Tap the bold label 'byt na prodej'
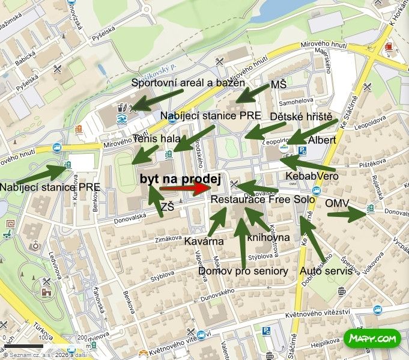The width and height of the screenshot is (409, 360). tap(180, 178)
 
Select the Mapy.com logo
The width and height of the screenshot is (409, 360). tap(372, 339)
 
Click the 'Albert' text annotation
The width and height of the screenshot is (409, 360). tap(321, 140)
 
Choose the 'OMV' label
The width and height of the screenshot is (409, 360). tap(337, 204)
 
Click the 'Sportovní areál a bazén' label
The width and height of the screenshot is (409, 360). tap(188, 82)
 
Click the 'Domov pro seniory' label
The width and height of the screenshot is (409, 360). tap(243, 271)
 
